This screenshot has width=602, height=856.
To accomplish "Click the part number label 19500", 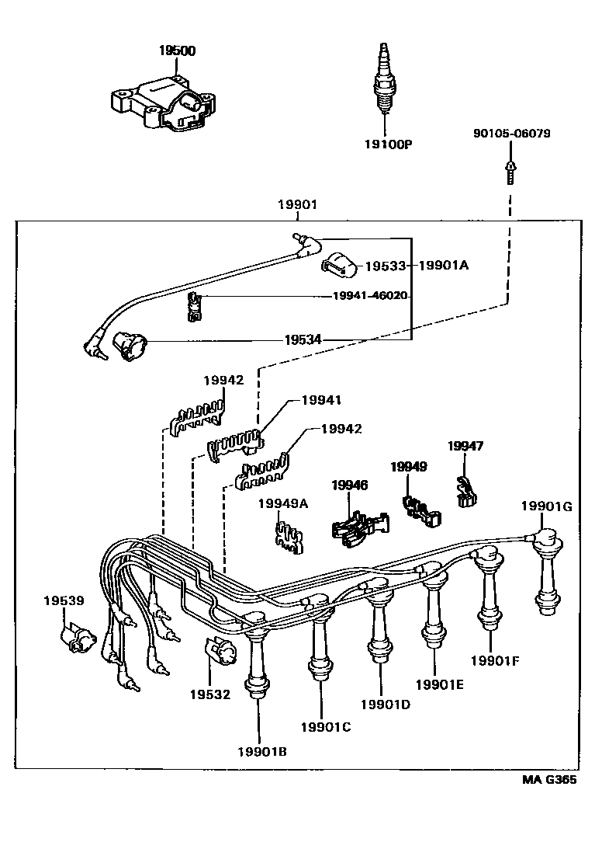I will coord(178,50).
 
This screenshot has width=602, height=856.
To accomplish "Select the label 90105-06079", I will coord(511,134).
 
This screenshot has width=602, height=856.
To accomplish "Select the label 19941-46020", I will coord(369,296).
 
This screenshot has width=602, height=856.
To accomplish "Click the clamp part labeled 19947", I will coord(465,491).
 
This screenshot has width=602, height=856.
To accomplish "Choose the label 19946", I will coord(350,485).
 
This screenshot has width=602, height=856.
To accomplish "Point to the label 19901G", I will coord(545,506).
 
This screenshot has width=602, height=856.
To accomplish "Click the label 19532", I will coord(210,694).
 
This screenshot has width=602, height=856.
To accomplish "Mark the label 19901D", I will coord(386,705).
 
